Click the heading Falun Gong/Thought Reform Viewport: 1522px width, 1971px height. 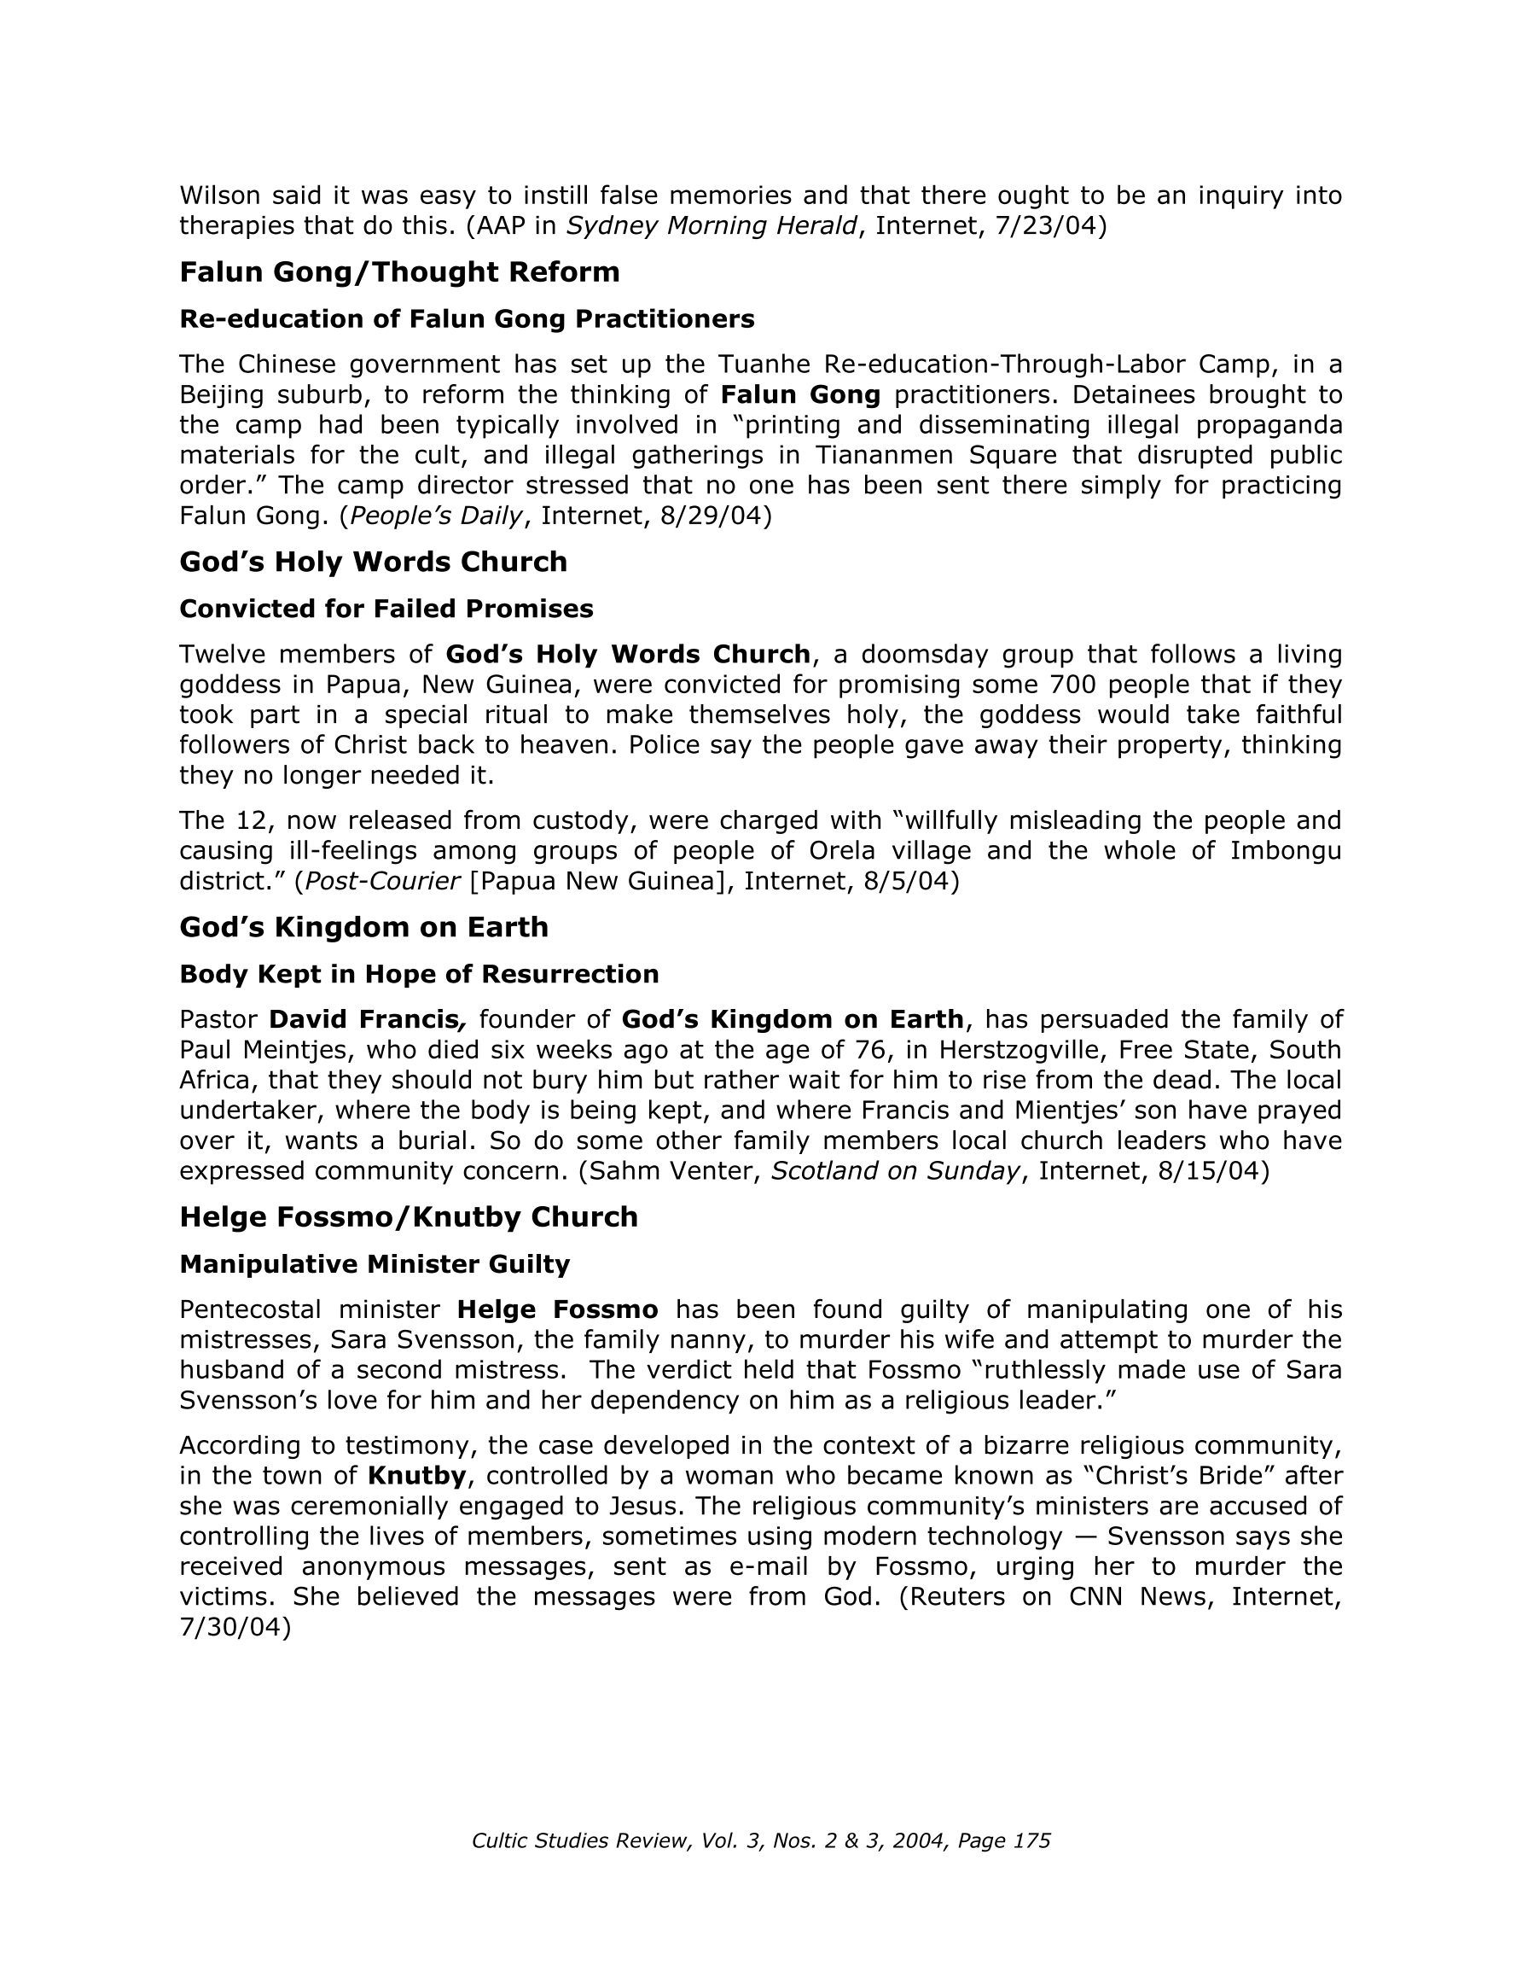coord(398,271)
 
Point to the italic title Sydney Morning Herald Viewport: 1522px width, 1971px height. coord(711,225)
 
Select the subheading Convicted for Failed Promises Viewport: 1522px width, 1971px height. coord(386,609)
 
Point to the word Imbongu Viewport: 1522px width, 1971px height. coord(1286,851)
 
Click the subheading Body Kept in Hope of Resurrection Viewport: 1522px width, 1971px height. coord(419,974)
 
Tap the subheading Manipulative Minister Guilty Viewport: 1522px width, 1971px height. coord(375,1264)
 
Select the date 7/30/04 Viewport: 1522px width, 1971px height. coord(235,1627)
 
